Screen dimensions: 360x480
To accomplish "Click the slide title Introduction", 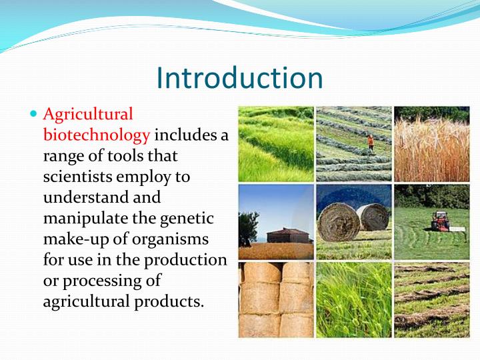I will pos(239,77).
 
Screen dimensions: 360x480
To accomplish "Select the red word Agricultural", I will pos(88,115).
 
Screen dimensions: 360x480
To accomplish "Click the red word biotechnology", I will pos(97,135).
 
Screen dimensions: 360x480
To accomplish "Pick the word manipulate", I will pos(81,218).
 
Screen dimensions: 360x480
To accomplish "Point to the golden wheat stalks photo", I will pos(431,143).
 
